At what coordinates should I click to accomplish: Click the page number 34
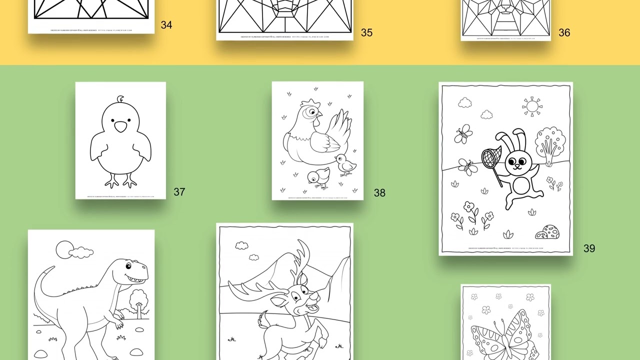tap(166, 25)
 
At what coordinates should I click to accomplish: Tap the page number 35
tap(366, 32)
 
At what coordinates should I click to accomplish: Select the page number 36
tap(564, 32)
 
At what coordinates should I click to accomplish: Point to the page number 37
tap(179, 191)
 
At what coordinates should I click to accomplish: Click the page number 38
tap(379, 193)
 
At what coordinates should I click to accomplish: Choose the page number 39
tap(589, 248)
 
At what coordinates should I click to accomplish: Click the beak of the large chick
tap(120, 127)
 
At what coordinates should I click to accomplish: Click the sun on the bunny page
tap(531, 106)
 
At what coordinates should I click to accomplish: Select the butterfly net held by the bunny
tap(491, 157)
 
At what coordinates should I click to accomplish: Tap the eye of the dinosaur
tap(128, 265)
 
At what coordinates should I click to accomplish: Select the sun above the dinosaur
tap(63, 249)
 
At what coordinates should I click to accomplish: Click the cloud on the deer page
tap(242, 245)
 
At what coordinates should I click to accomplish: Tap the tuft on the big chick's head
tap(120, 99)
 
